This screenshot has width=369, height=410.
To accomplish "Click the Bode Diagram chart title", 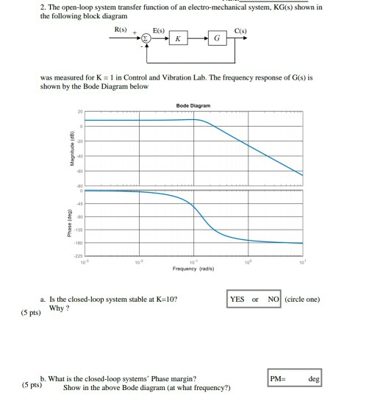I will point(193,106).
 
